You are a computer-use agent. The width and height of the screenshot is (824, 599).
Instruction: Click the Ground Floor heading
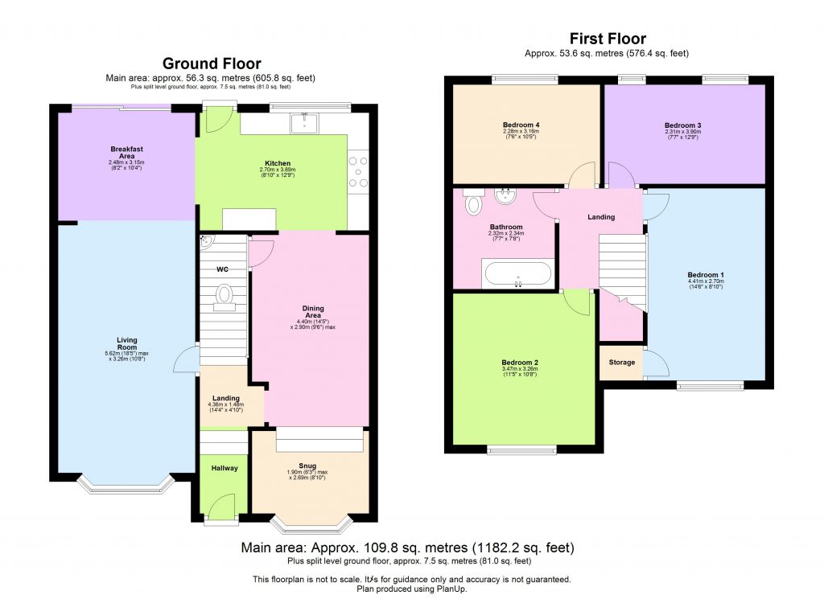(212, 64)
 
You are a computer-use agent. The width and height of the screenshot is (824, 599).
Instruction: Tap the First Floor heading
(608, 39)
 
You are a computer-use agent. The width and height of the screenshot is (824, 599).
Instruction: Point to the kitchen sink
(304, 122)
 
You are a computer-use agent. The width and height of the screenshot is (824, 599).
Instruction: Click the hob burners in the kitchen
(358, 171)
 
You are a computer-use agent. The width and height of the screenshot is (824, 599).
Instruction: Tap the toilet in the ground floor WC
(223, 297)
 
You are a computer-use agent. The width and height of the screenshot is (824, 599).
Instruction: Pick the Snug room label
(307, 465)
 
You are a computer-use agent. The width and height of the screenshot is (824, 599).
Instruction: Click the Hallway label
(225, 468)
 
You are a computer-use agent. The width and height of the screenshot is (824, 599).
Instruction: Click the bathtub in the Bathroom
(517, 273)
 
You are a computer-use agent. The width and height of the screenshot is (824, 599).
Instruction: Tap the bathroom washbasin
(506, 195)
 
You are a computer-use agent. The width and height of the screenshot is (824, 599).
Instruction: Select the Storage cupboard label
(621, 363)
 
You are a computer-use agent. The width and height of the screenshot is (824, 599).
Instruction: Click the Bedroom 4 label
(521, 125)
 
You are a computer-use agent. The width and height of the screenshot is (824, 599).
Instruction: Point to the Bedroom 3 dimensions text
(682, 135)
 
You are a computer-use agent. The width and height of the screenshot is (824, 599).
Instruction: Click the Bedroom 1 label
(706, 275)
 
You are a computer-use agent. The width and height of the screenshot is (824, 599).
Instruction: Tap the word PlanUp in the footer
(453, 589)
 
